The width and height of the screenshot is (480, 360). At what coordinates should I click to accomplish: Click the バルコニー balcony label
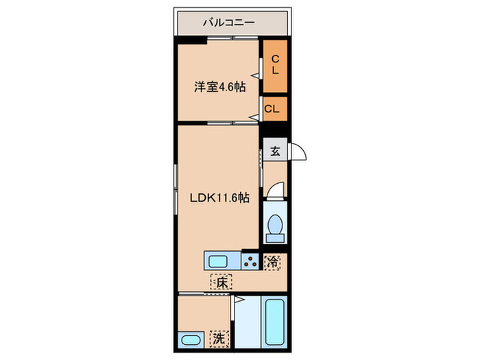tap(228, 23)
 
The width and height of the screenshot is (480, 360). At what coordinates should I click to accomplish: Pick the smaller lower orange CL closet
tap(273, 108)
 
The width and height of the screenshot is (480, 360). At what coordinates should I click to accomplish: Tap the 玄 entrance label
tap(275, 151)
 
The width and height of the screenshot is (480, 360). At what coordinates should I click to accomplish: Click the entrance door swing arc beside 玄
tap(299, 152)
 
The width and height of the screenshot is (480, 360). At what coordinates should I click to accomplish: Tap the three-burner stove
tap(251, 261)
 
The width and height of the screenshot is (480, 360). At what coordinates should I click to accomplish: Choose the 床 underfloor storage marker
tap(222, 282)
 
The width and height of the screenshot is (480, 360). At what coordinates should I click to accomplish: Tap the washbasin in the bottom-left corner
tap(190, 340)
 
